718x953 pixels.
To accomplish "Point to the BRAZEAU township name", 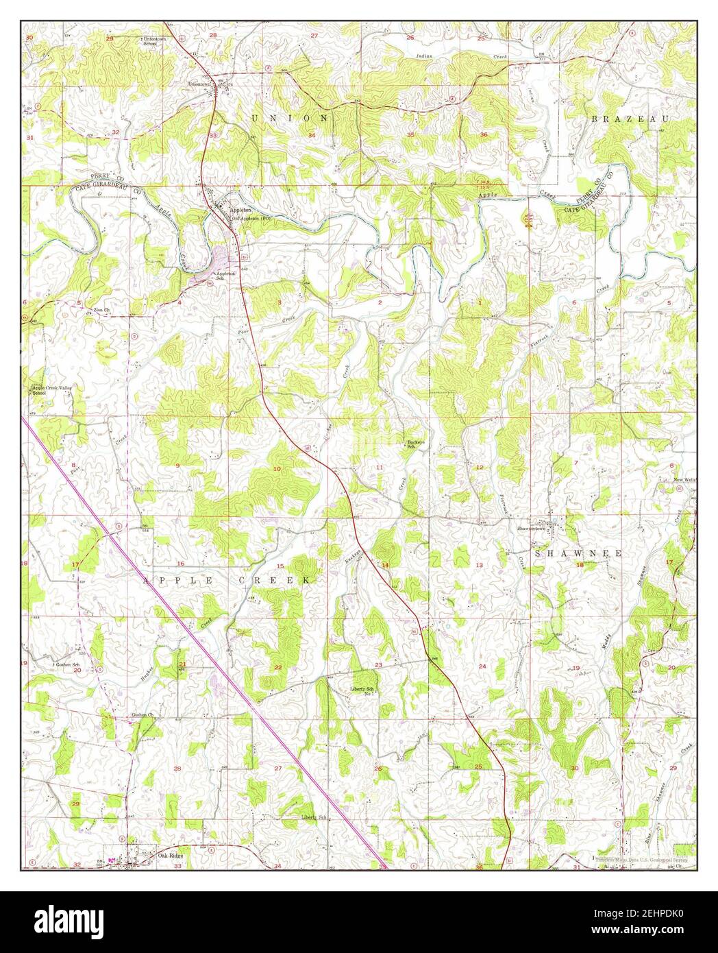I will click(628, 119).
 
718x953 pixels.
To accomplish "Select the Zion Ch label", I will click(102, 310).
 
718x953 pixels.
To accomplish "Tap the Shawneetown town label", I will click(552, 529).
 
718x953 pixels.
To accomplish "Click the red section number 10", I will click(277, 469).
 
